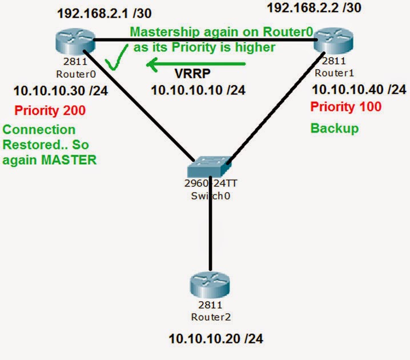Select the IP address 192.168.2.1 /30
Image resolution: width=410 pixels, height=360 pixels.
tap(107, 12)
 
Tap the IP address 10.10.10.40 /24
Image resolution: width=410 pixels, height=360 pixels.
tap(359, 89)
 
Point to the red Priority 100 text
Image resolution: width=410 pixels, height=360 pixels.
tap(345, 107)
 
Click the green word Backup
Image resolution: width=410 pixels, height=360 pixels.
tap(334, 128)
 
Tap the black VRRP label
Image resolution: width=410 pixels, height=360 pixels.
tap(192, 74)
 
